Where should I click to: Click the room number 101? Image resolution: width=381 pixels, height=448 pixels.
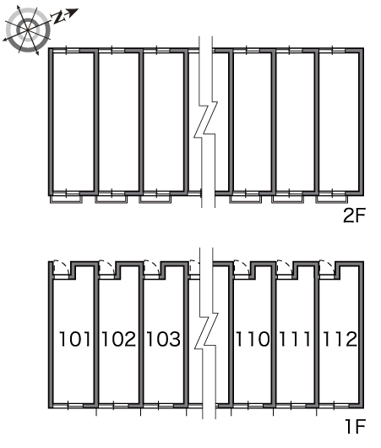click(74, 339)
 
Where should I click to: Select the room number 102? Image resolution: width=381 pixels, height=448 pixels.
click(119, 339)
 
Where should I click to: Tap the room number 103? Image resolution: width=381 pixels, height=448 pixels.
click(163, 339)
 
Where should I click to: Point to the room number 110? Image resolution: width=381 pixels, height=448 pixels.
click(253, 339)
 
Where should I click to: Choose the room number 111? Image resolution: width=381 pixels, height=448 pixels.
click(295, 339)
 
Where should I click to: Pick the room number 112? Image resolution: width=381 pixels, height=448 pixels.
click(340, 339)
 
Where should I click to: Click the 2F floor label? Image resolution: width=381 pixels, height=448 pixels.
click(354, 216)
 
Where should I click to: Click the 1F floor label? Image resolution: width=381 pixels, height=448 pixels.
click(356, 426)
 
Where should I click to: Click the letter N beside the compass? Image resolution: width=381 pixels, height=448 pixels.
click(58, 18)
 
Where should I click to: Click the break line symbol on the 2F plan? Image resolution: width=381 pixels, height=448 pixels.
click(205, 120)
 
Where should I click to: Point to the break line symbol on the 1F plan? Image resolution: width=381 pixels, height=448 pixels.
click(206, 331)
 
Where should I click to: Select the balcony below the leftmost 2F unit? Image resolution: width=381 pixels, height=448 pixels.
click(66, 199)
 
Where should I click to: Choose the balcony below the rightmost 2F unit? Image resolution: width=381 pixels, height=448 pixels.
click(332, 199)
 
